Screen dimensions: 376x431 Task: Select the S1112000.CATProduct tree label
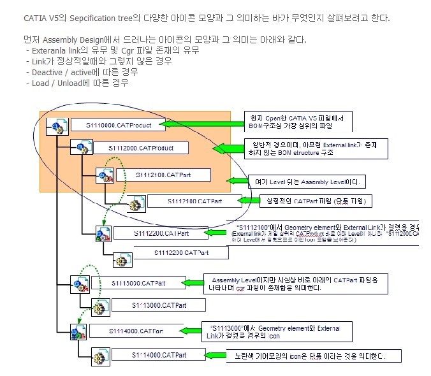pos(136,148)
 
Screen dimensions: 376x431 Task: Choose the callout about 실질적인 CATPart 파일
pos(319,201)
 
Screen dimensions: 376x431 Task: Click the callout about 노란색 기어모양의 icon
pos(314,356)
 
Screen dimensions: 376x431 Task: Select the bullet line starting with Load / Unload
pos(80,83)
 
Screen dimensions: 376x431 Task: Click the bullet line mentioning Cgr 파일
pos(112,50)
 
